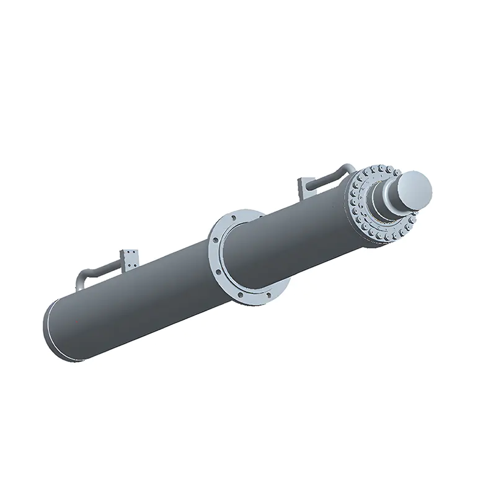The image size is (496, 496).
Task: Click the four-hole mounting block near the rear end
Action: tap(131, 259)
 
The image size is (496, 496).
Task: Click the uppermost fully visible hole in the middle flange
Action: tap(233, 218)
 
